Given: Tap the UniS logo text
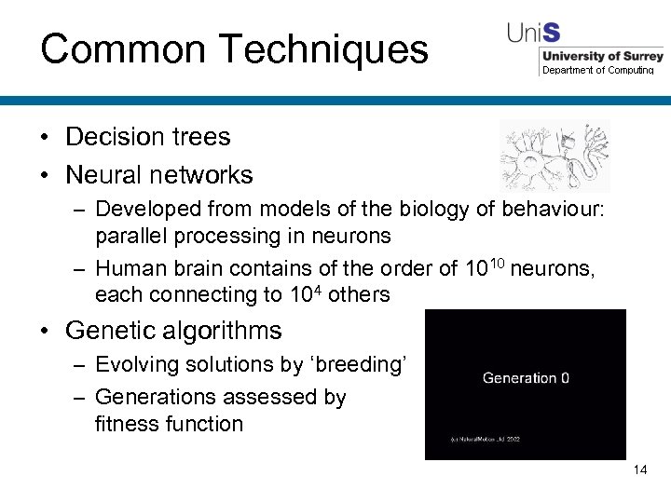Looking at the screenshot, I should point(533,33).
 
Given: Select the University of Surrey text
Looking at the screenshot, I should point(602,57).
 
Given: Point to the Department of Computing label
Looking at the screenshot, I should point(598,71).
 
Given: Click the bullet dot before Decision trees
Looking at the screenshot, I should point(45,138).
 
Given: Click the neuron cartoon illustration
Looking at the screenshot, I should point(555,155).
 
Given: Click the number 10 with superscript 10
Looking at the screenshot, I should point(483,268).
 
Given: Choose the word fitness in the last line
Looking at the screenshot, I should point(127,424).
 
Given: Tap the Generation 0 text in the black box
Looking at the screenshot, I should point(526,378).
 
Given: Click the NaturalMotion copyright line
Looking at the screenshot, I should point(486,439).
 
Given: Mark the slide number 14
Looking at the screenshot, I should point(639,469).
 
